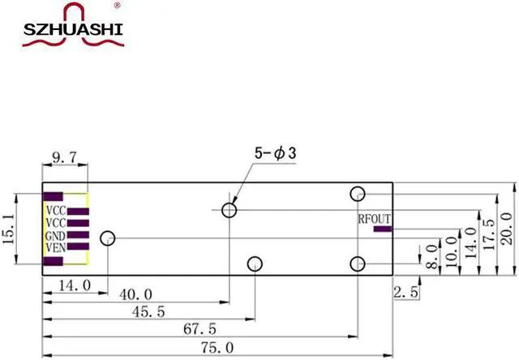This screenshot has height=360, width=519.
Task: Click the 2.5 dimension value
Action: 405,293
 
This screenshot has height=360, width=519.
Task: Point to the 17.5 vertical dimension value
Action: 487,235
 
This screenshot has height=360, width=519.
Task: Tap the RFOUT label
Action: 374,219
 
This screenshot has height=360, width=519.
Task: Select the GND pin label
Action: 54,235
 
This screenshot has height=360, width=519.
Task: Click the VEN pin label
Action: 54,247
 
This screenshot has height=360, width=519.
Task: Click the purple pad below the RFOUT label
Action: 380,229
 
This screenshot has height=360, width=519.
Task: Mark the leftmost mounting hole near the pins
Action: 107,238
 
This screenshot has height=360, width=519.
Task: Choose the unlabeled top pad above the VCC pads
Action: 54,196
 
